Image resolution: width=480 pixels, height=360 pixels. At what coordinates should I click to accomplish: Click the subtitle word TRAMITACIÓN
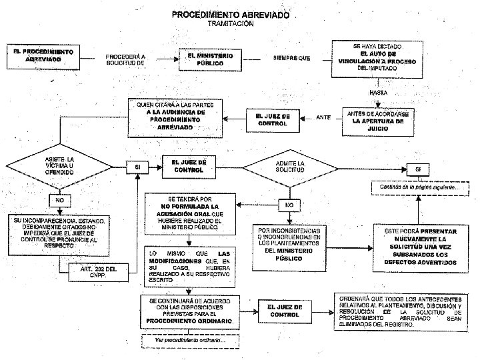[230, 24]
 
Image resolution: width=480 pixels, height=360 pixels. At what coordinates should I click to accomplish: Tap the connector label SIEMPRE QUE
[291, 58]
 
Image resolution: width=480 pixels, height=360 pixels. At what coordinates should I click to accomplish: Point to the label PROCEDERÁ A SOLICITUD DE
[125, 59]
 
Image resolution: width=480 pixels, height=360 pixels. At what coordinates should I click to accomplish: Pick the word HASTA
[378, 92]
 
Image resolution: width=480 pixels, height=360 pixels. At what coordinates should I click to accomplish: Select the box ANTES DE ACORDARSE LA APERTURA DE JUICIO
[377, 120]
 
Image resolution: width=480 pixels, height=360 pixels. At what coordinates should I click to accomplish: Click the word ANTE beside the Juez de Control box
[323, 118]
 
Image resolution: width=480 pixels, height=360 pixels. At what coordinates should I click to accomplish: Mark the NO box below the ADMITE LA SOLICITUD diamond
[289, 204]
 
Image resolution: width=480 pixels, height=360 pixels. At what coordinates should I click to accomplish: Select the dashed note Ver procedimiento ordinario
[190, 340]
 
